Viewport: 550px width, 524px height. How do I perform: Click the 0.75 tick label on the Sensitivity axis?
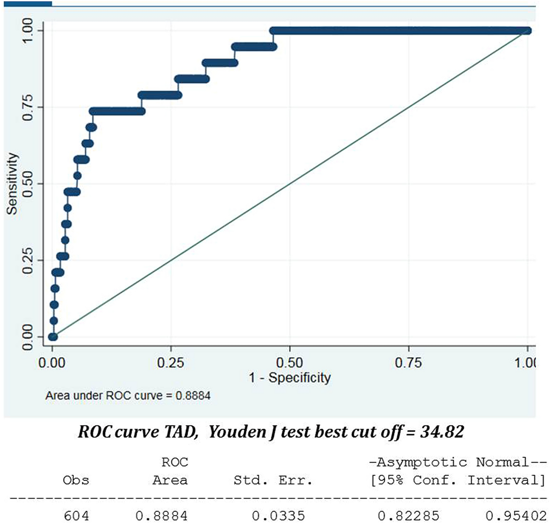coord(28,107)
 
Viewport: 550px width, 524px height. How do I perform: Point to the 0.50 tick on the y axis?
coord(28,184)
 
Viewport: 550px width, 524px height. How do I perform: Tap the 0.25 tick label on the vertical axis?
coord(28,260)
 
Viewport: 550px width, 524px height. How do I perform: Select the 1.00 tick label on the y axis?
coord(28,31)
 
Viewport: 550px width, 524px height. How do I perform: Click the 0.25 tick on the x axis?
coord(171,363)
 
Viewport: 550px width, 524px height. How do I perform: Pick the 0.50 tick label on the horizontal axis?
coord(289,363)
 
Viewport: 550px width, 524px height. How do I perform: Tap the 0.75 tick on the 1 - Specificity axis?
coord(408,363)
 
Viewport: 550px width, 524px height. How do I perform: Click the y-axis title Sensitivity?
coord(12,184)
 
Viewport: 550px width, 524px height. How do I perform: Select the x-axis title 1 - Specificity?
coord(289,377)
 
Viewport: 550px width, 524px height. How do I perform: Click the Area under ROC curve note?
coord(128,396)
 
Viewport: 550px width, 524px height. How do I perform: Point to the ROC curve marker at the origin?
coord(53,337)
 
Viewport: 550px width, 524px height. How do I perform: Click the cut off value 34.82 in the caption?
coord(442,432)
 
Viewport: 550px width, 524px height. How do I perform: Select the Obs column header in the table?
coord(76,480)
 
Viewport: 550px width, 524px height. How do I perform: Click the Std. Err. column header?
coord(273,480)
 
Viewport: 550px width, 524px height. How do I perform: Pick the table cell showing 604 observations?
coord(76,516)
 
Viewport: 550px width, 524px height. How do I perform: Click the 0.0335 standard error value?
coord(278,516)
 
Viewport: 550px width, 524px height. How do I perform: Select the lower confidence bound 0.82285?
coord(408,516)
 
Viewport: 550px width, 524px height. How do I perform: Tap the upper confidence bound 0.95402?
coord(516,516)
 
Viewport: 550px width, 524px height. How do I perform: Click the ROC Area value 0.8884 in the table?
coord(161,516)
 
